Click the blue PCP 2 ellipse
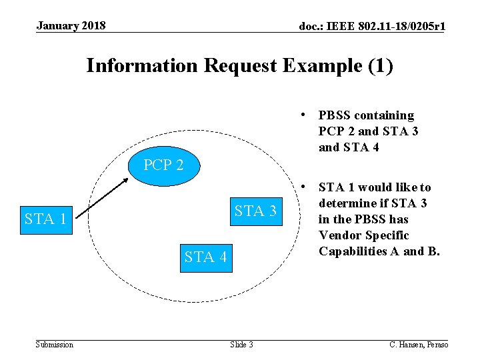[163, 165]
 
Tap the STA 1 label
[45, 219]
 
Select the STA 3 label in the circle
[255, 211]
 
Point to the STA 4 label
[205, 257]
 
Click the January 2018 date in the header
[71, 26]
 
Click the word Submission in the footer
[55, 344]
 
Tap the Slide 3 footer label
[241, 344]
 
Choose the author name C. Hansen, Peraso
[419, 344]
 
